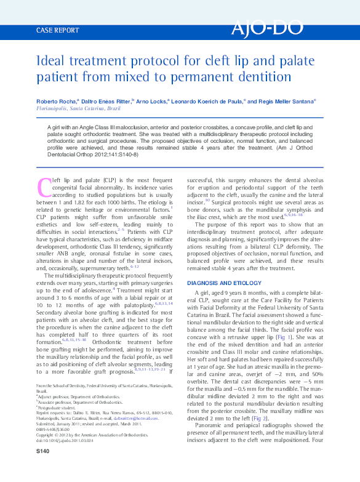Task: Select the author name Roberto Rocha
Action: pyautogui.click(x=55, y=101)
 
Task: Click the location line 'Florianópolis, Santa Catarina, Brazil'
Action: pyautogui.click(x=78, y=108)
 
